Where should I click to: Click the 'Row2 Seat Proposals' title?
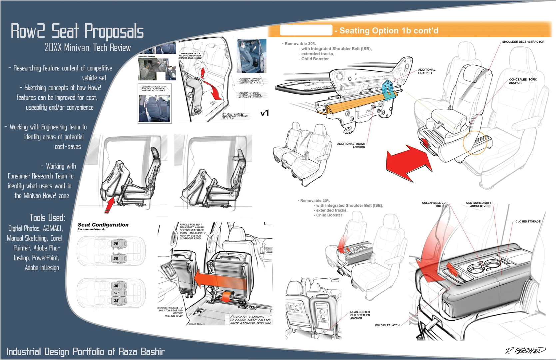[77, 31]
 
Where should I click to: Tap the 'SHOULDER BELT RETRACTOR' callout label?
[523, 42]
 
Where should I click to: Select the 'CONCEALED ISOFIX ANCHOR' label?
[522, 81]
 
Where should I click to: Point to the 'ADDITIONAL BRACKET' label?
[426, 71]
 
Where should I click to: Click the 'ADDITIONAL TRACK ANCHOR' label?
[351, 145]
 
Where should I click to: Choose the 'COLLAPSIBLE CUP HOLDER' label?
[435, 204]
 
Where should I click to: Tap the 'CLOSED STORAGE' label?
[528, 222]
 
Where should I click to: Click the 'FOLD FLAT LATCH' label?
[387, 325]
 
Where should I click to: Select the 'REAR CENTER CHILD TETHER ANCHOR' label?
[360, 315]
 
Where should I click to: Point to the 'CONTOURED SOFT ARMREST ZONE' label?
[479, 204]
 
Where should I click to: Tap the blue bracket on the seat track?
[388, 90]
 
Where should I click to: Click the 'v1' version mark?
[265, 113]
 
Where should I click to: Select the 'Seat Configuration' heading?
[103, 225]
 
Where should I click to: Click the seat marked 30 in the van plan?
[116, 293]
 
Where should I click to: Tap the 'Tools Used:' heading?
[47, 218]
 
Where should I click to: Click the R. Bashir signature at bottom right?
[525, 350]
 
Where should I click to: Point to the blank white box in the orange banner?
[306, 30]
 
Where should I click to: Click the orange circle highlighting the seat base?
[475, 142]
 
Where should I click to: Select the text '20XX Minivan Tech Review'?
[88, 48]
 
